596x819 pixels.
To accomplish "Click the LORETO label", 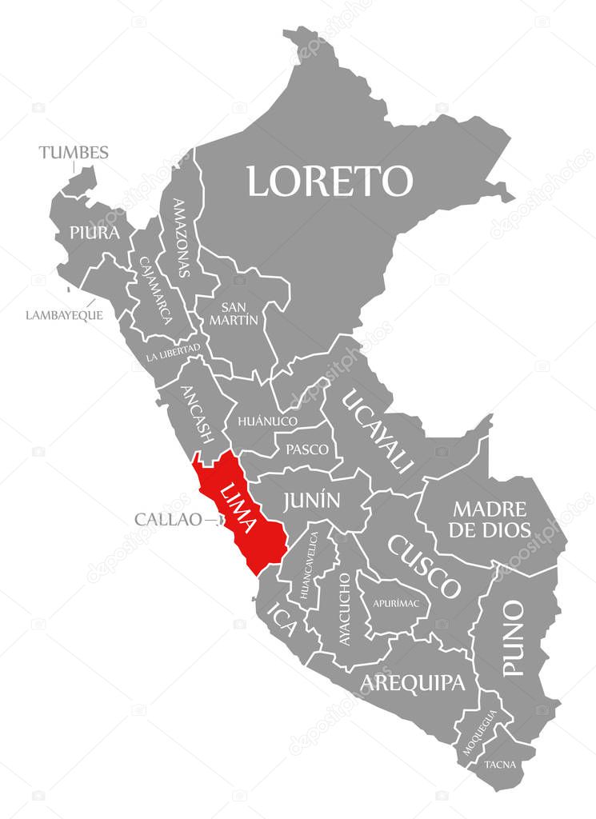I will [x=329, y=181].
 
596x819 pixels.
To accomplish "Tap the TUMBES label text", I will [x=74, y=152].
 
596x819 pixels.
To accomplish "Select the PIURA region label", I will [x=94, y=233].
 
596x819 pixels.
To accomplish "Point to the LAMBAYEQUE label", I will [x=64, y=314].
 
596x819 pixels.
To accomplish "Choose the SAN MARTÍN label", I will [x=240, y=313].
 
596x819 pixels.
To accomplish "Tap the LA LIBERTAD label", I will [x=173, y=353].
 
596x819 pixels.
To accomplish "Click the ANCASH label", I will [x=198, y=414].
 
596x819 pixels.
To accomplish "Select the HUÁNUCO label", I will [x=267, y=421].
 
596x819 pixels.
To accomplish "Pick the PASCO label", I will [x=307, y=449].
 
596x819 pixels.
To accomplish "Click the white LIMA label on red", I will [x=238, y=508].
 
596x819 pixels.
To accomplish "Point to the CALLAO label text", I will [x=168, y=519].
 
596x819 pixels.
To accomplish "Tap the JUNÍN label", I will [x=311, y=501].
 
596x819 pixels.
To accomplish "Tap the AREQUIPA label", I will [x=412, y=682].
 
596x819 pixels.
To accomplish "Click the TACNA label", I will [x=500, y=764].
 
